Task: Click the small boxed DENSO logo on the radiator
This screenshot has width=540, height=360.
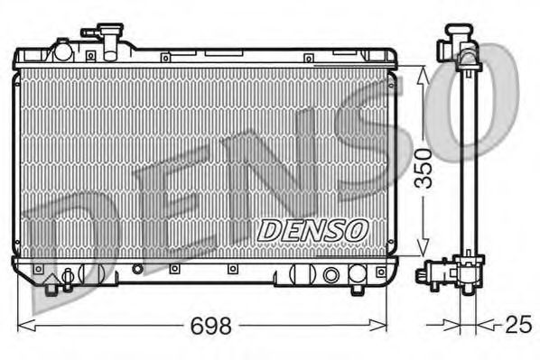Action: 312,230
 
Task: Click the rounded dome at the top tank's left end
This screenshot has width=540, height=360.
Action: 63,50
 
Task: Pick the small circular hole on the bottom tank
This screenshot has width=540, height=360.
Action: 137,269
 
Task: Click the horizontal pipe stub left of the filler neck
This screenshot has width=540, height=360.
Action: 90,33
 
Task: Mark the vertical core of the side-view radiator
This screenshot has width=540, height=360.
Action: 468,162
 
